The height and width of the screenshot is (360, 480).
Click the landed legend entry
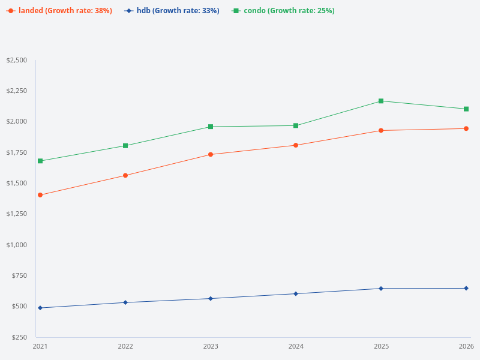coord(59,11)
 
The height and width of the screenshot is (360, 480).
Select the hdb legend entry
coord(172,11)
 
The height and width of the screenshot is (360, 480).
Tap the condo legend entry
coord(283,11)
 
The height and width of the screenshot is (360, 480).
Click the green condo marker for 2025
coord(381,101)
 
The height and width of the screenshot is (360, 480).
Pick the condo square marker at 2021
coord(40,161)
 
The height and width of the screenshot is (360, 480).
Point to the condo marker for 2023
coord(211,127)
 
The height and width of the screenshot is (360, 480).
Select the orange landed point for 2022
coord(125,175)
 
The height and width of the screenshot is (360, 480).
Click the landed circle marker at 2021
coord(40,195)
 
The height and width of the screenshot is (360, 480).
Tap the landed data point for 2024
coord(296,145)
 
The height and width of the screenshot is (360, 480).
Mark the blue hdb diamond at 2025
coord(381,289)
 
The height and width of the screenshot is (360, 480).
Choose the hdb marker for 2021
coord(40,308)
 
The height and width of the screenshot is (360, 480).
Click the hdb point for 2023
coord(211,298)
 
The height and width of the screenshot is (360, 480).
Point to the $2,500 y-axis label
coord(16,60)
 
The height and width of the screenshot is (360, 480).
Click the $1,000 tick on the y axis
coord(16,245)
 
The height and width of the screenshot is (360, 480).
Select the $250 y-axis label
coord(18,337)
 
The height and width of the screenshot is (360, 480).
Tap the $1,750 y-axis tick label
coord(16,152)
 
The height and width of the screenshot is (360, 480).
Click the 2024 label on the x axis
coord(296,346)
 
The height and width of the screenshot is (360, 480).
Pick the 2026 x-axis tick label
coord(466,346)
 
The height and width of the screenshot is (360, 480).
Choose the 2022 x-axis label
coord(125,346)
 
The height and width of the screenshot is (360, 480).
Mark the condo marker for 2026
coord(466,109)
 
